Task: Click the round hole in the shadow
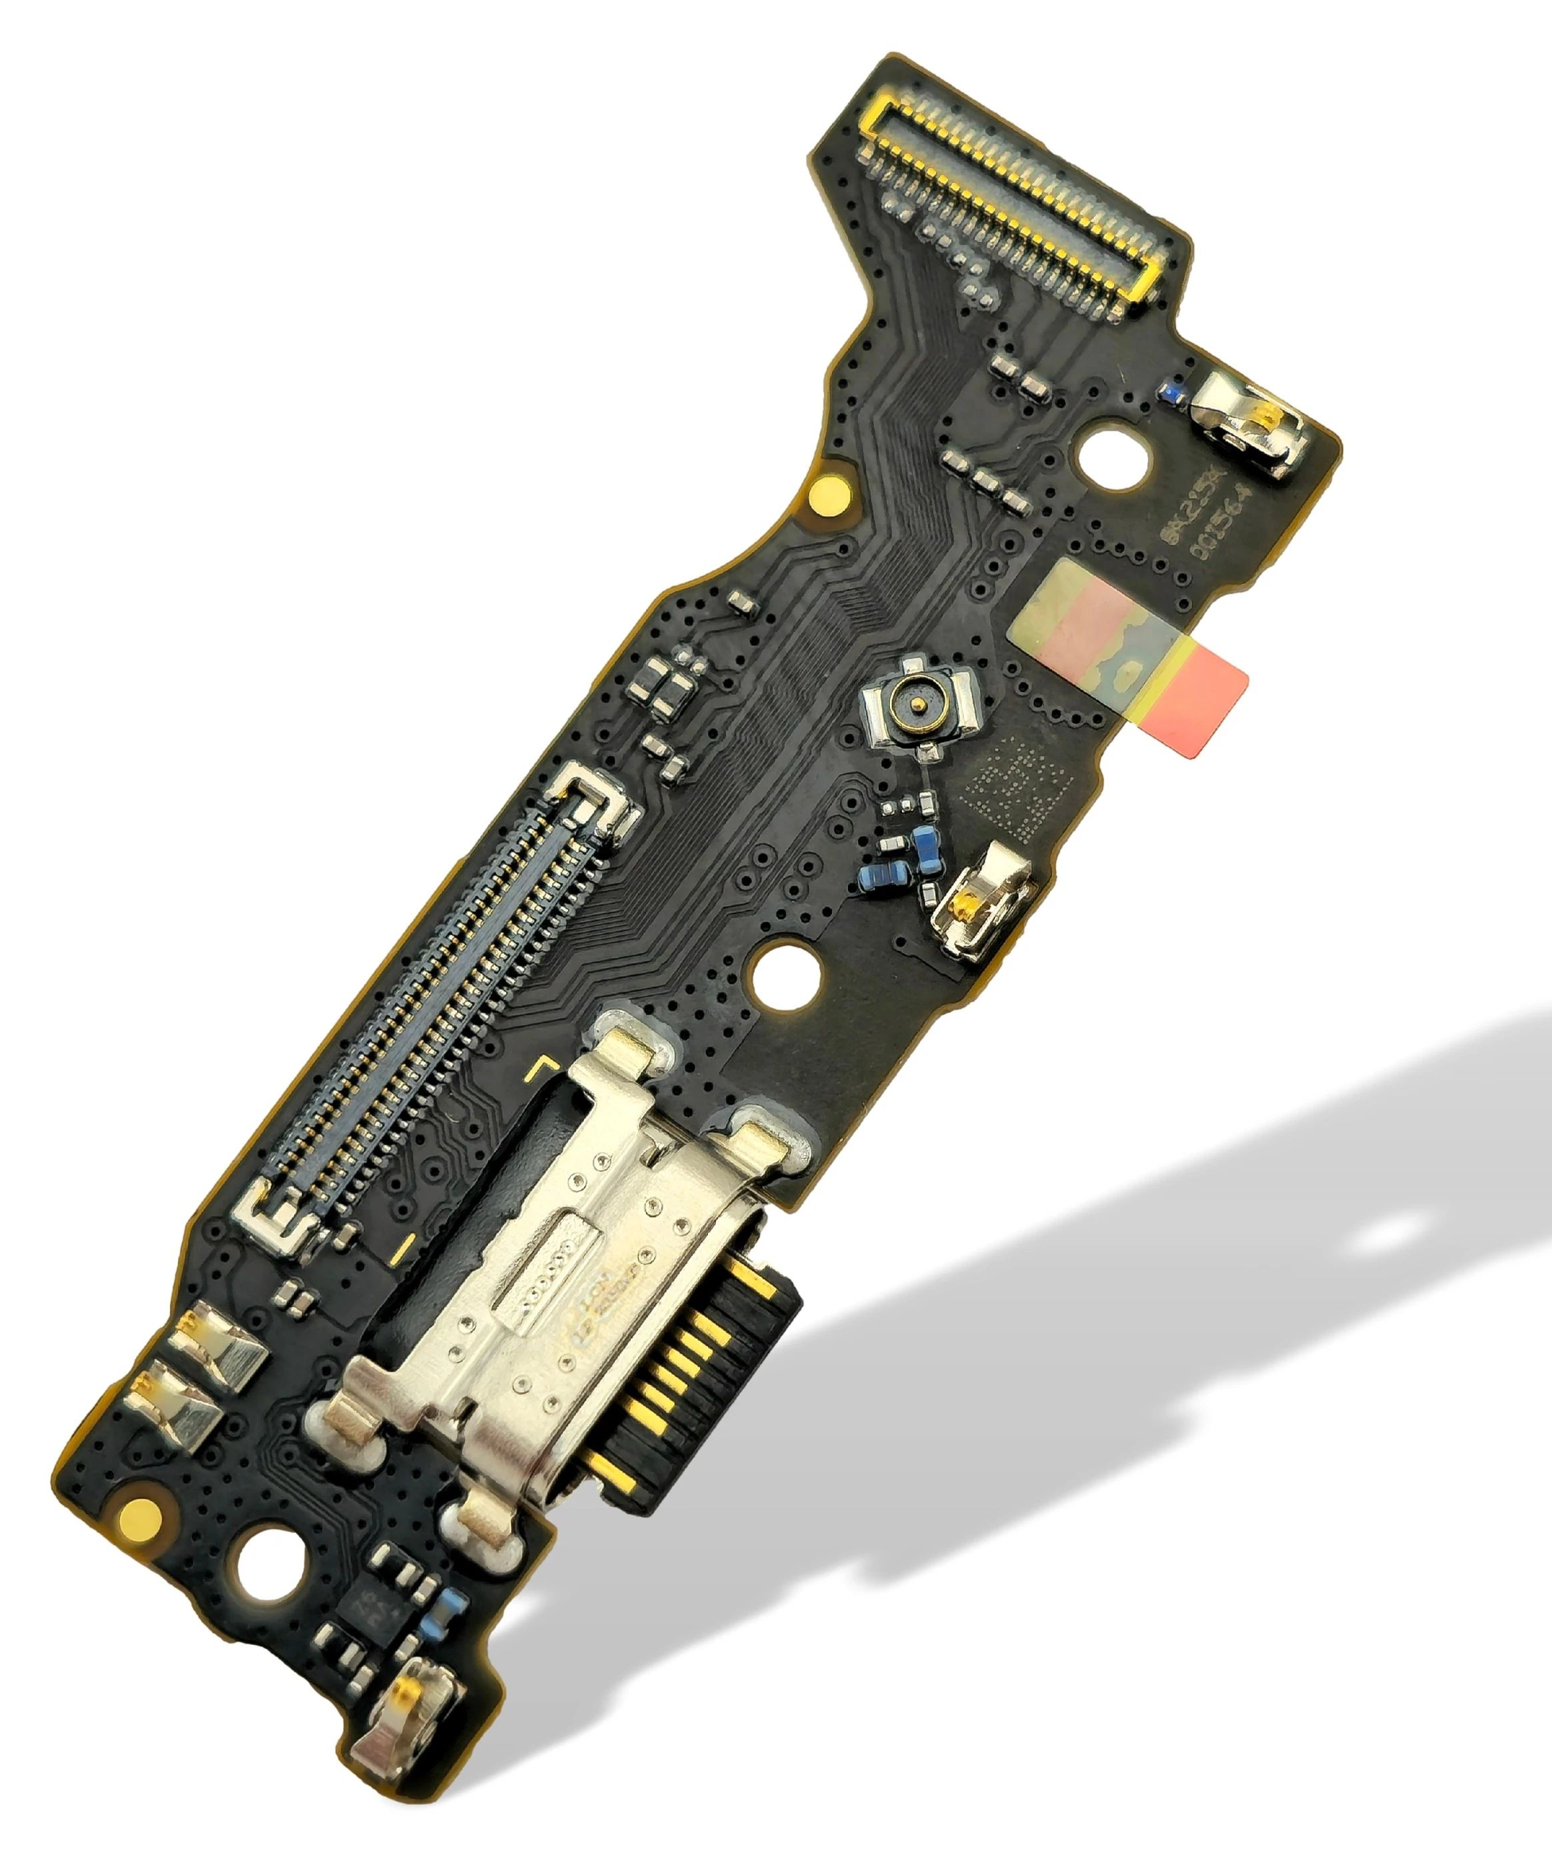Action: [x=1387, y=1232]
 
